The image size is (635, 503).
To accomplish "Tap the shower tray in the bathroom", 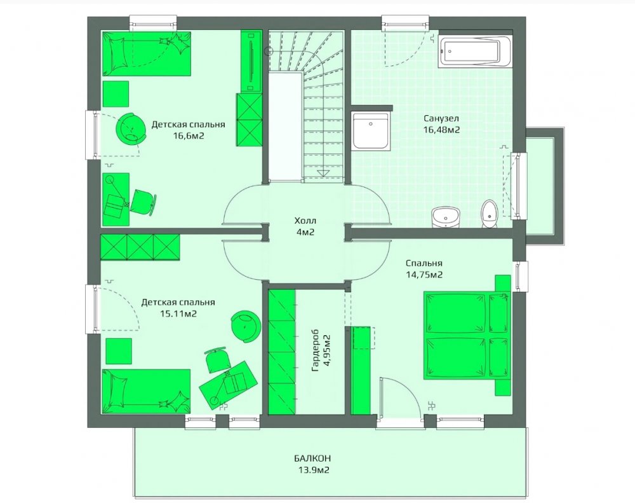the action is pyautogui.click(x=371, y=131).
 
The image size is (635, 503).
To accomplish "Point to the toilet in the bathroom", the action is pyautogui.click(x=489, y=214).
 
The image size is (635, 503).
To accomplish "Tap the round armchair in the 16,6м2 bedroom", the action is pyautogui.click(x=131, y=127).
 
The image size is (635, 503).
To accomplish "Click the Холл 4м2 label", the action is pyautogui.click(x=305, y=226).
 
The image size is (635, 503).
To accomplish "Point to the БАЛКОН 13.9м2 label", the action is pyautogui.click(x=312, y=464).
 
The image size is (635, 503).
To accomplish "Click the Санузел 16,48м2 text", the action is pyautogui.click(x=441, y=124).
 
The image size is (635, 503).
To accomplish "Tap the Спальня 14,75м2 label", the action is pyautogui.click(x=424, y=269).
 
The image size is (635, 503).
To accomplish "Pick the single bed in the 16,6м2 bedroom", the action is pyautogui.click(x=146, y=53).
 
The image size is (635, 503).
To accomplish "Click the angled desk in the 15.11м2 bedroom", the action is pyautogui.click(x=227, y=383).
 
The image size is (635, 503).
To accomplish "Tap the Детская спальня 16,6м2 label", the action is pyautogui.click(x=188, y=130).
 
